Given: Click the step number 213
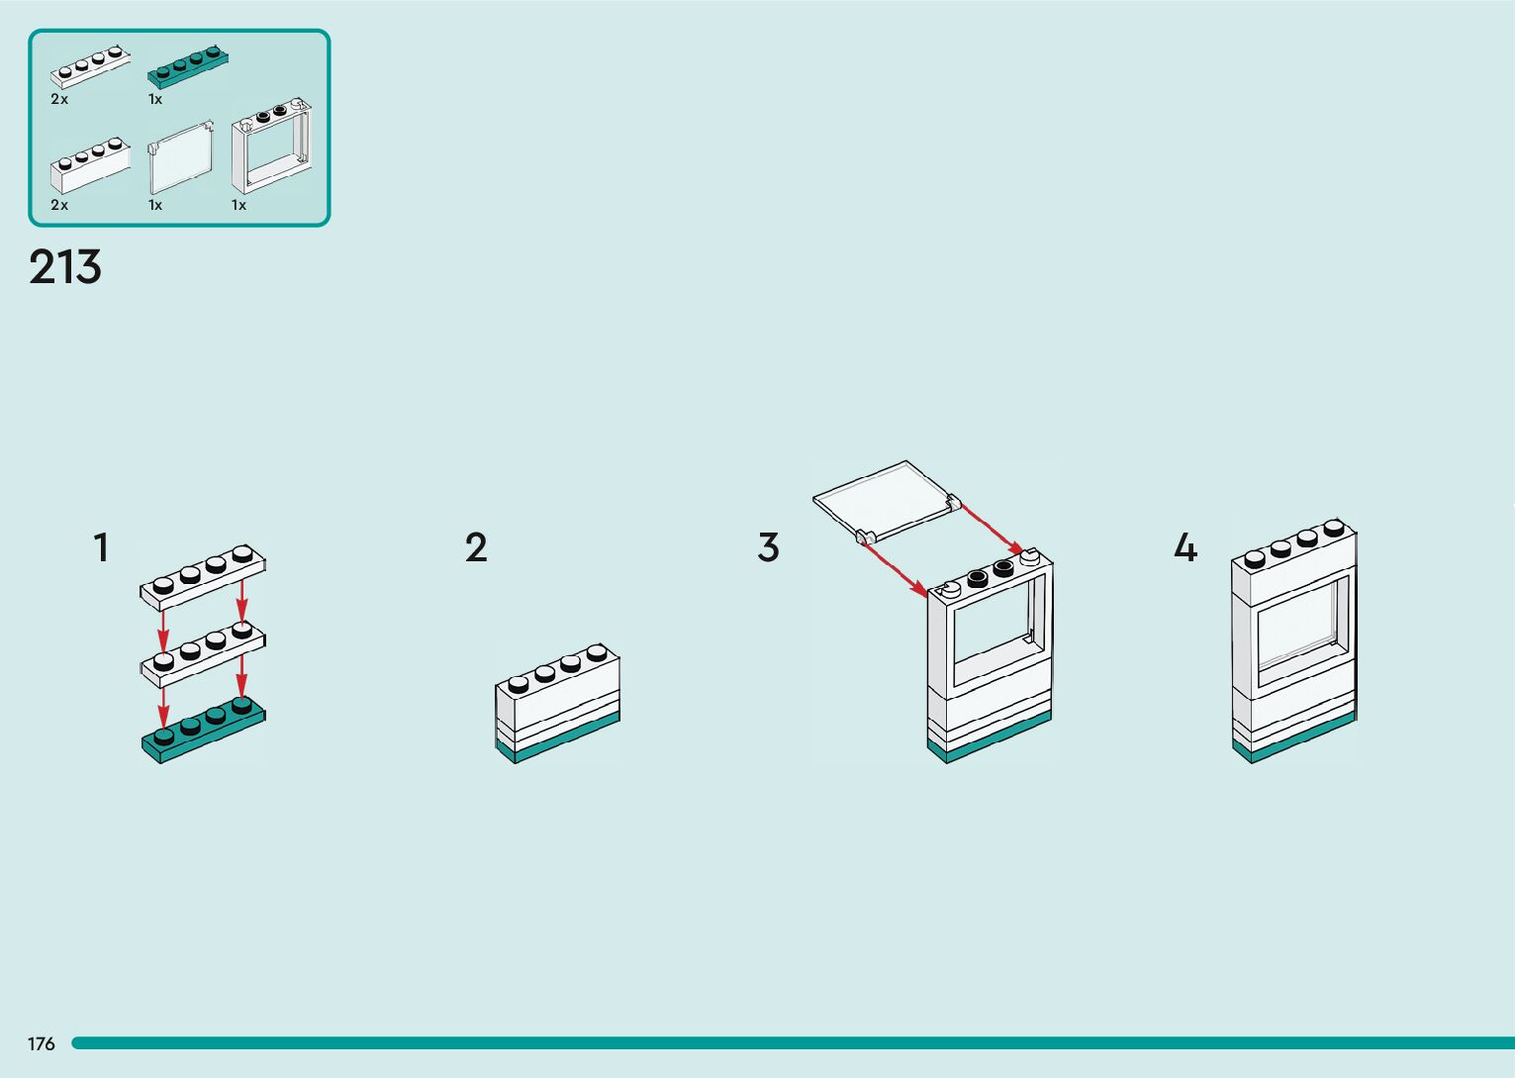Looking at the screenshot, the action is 65,267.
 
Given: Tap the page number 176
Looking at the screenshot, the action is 42,1043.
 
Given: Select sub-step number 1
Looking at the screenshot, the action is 101,547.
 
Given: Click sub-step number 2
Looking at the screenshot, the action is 476,547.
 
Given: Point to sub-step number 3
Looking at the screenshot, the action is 769,547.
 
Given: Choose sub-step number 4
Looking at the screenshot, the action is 1184,547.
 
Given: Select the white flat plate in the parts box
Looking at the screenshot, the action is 90,66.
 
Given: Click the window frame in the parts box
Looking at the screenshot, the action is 271,147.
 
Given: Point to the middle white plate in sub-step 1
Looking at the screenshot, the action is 203,653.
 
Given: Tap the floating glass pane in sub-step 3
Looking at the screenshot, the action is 885,501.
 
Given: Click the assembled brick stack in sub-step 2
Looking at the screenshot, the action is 557,705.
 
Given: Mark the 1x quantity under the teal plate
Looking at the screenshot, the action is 155,99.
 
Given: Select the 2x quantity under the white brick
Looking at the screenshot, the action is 59,205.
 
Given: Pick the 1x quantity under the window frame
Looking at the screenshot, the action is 238,205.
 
